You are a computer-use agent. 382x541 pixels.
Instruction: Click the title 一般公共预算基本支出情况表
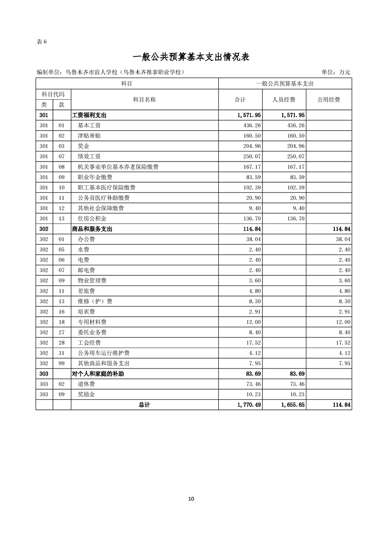click(191, 57)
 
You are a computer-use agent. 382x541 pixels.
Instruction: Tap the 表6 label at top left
click(41, 41)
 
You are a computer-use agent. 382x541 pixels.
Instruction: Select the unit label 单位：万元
click(336, 72)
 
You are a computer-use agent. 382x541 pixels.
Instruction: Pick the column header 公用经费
click(329, 100)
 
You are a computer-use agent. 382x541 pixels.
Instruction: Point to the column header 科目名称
click(145, 100)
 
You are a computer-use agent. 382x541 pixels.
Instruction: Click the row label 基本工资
click(89, 125)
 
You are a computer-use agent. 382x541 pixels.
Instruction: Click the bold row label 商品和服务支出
click(92, 229)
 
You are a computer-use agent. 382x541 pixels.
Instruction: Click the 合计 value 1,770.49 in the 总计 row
click(249, 405)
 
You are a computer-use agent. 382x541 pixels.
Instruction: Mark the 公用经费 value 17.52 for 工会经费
click(343, 343)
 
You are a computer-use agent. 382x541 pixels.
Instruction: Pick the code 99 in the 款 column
click(61, 363)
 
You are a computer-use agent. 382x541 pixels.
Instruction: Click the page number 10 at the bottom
click(191, 499)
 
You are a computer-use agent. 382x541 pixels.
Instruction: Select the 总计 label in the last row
click(144, 405)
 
